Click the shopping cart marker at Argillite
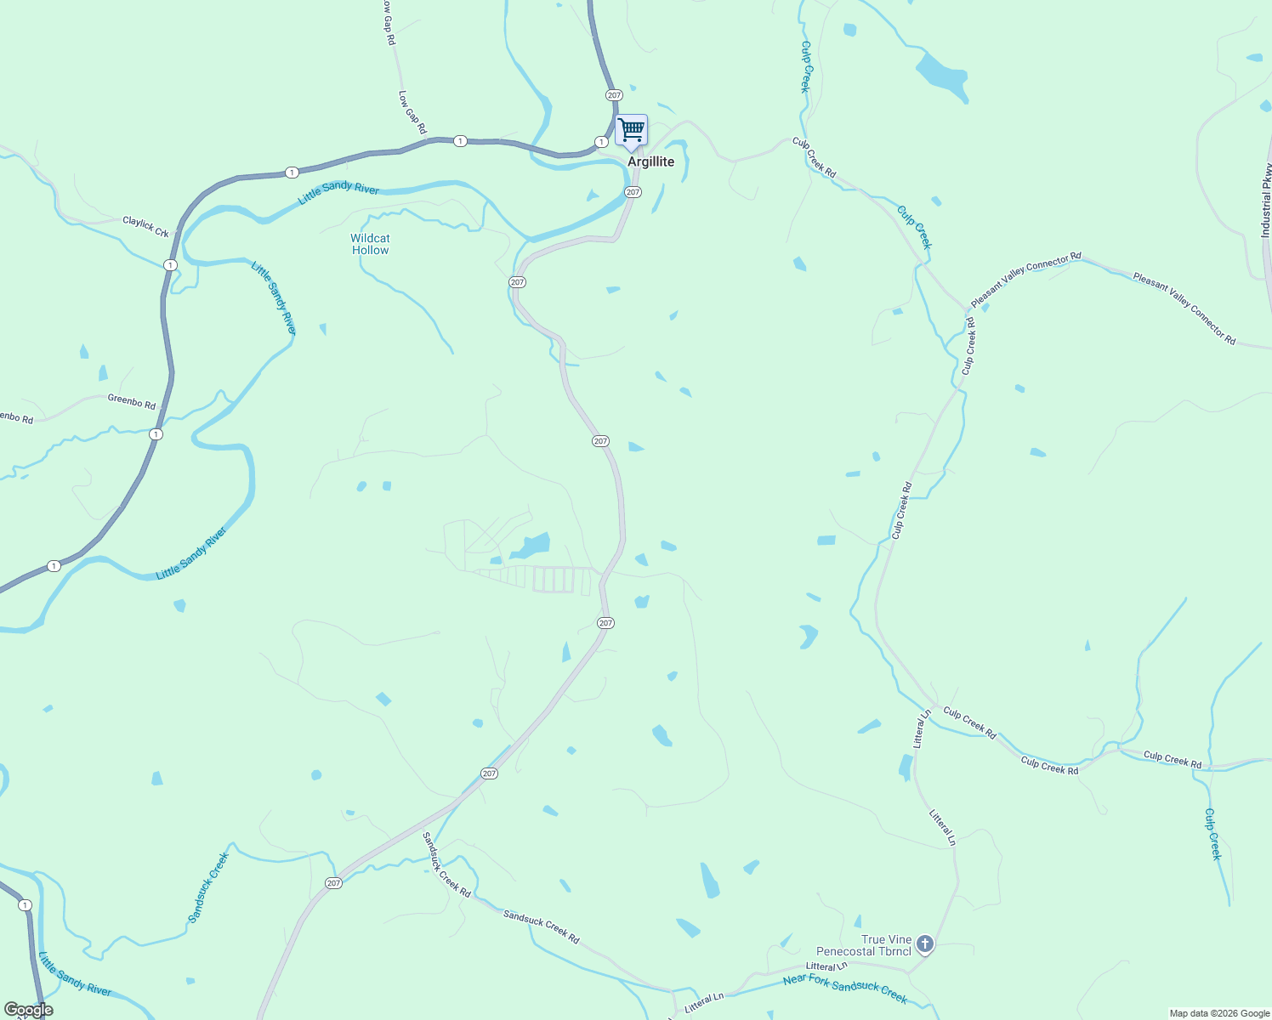(631, 132)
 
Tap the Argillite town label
(650, 161)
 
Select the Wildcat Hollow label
(370, 244)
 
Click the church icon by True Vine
(925, 944)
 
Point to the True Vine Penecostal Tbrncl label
(863, 945)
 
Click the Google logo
(28, 1010)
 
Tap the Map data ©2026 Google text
(1219, 1013)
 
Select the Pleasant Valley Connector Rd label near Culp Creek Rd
(1025, 279)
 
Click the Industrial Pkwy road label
(1266, 201)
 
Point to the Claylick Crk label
(145, 226)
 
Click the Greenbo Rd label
(132, 401)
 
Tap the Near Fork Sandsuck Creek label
(845, 989)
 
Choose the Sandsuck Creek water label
(208, 887)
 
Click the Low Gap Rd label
(412, 112)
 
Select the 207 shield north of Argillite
(614, 94)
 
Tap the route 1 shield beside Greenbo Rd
(156, 434)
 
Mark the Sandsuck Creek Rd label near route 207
(446, 864)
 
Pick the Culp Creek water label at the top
(805, 66)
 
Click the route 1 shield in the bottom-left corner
(26, 905)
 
